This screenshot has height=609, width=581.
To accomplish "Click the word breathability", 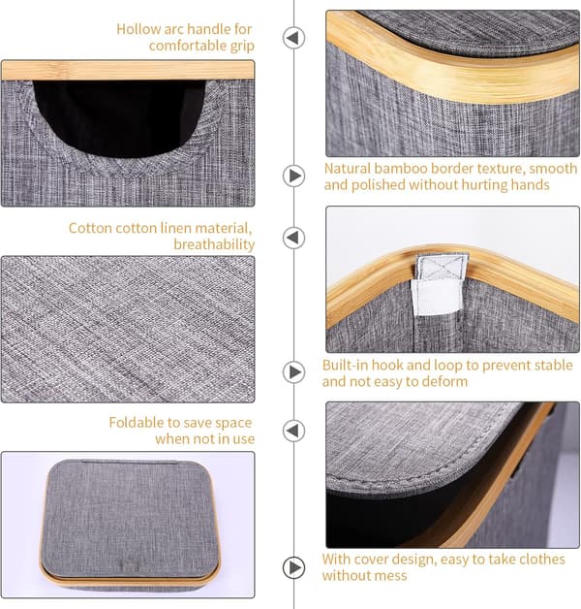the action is tap(214, 244).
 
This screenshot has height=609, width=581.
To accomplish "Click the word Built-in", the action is tap(345, 365).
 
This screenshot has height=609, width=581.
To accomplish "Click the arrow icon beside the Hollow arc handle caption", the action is tap(293, 38).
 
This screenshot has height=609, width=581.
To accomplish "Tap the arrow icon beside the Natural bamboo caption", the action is tap(293, 176).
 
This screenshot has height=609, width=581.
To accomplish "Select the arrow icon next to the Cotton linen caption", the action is tap(293, 238).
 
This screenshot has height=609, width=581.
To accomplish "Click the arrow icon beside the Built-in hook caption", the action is tap(293, 372).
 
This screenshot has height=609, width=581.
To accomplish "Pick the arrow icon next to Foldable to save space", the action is tap(293, 431).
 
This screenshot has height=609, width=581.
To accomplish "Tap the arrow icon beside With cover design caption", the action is tap(293, 568).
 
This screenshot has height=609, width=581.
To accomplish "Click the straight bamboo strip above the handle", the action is tap(128, 70).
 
